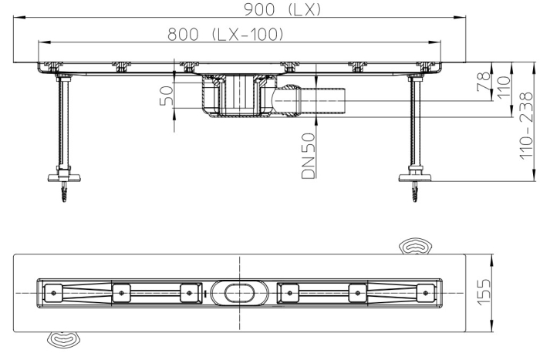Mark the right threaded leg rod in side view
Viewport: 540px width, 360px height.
pyautogui.click(x=414, y=123)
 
